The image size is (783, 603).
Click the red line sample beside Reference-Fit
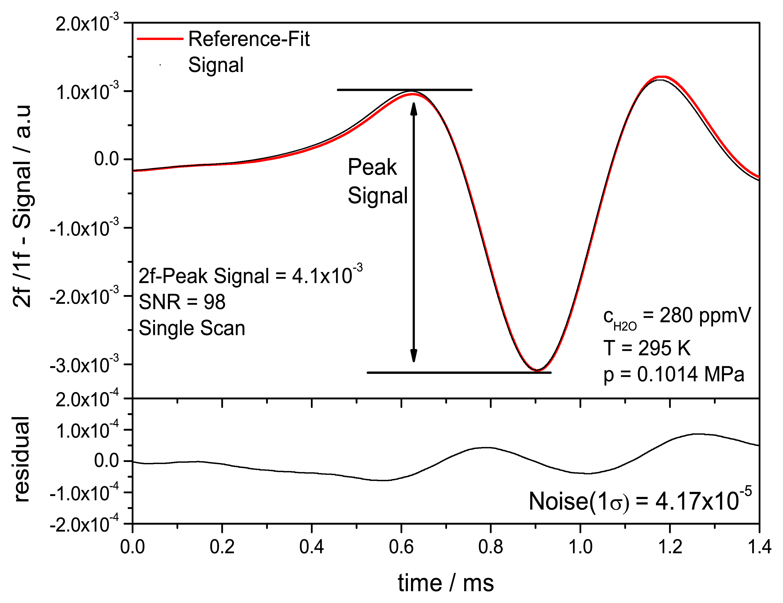tap(160, 39)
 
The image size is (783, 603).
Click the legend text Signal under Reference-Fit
tap(215, 65)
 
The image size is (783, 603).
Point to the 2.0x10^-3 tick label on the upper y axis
tap(87, 24)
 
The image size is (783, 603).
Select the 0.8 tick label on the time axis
tap(491, 547)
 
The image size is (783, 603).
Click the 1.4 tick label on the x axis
tap(759, 547)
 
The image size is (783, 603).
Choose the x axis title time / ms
tap(446, 583)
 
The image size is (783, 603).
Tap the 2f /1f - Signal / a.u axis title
tap(22, 206)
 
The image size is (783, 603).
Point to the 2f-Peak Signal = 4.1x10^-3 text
tap(250, 276)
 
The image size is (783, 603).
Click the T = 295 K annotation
tap(646, 348)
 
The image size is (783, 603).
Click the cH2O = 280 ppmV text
tap(677, 317)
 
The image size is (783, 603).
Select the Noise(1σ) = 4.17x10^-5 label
tap(640, 501)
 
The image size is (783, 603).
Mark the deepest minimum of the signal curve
tap(537, 370)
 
